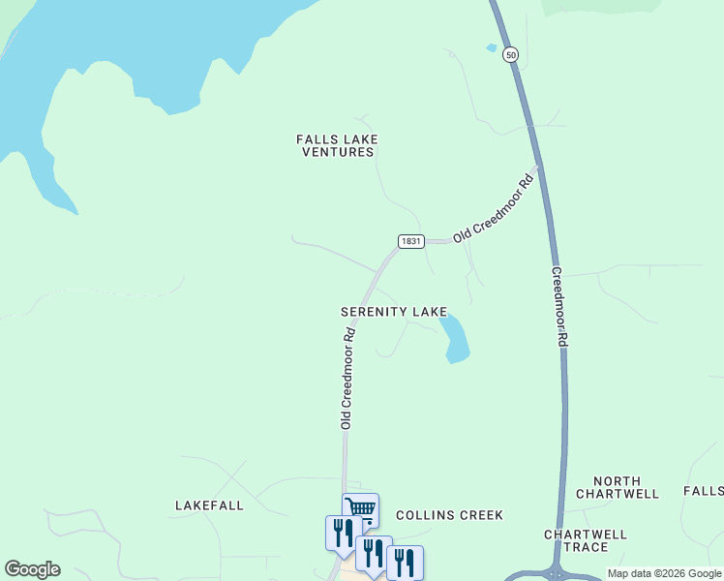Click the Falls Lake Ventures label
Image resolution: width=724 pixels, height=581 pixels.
coord(337,145)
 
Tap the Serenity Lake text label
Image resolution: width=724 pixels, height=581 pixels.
coord(394,312)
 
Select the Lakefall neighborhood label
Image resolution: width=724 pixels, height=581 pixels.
coord(209,505)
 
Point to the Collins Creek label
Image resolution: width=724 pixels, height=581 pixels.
coord(449,515)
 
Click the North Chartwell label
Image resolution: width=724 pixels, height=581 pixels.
coord(618,487)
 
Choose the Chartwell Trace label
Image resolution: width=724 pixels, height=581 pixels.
coord(586,540)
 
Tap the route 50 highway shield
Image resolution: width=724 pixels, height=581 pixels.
coord(510,55)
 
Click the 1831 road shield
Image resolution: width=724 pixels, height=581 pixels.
coord(410,241)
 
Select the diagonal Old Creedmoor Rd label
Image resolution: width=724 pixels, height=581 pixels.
coord(494,207)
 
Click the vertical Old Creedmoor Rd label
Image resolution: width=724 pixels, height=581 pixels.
coord(347,378)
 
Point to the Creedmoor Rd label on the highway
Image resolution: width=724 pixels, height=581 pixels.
coord(558,307)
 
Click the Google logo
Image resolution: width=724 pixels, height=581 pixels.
coord(32,569)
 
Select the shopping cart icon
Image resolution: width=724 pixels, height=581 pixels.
coord(359,508)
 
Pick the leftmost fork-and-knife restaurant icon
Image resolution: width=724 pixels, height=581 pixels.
coord(343,533)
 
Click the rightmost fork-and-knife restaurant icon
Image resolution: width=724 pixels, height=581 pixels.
coord(405,561)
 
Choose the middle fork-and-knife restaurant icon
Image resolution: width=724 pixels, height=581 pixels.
coord(374,552)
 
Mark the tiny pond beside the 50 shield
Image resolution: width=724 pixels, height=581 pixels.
coord(492,47)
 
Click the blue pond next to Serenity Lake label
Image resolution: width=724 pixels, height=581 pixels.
coord(455,339)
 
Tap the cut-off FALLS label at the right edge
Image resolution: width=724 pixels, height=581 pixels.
coord(704,492)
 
